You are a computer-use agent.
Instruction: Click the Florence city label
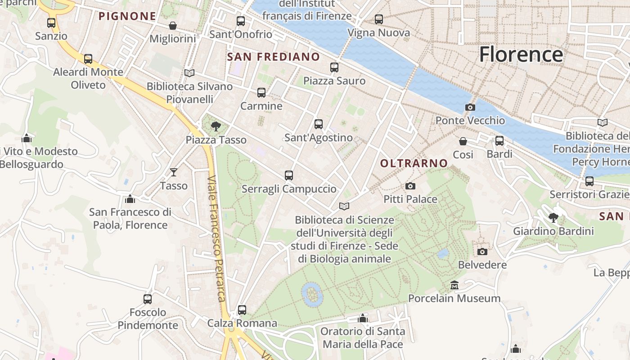521,54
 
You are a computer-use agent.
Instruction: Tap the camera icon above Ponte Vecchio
470,107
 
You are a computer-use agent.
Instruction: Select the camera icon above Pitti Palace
410,186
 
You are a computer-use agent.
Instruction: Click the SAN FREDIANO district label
274,57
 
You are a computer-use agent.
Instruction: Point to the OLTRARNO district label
414,163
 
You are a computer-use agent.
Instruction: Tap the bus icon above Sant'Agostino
319,124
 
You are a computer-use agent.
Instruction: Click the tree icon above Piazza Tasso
216,126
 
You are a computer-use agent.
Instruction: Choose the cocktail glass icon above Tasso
173,172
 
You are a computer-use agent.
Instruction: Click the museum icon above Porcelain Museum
454,285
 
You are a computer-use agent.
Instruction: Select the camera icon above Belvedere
482,252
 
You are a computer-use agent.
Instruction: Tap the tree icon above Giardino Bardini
553,218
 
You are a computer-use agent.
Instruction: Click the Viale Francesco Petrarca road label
216,238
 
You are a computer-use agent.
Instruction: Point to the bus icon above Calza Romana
242,310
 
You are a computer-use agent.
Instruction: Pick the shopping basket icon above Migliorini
172,26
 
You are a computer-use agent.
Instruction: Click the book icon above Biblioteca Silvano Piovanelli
189,73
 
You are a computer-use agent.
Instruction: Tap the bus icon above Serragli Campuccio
289,175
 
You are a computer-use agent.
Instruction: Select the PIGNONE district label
127,16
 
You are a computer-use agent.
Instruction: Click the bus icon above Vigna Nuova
379,19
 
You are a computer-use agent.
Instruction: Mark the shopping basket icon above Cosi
463,141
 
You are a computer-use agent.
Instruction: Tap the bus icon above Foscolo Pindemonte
148,299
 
